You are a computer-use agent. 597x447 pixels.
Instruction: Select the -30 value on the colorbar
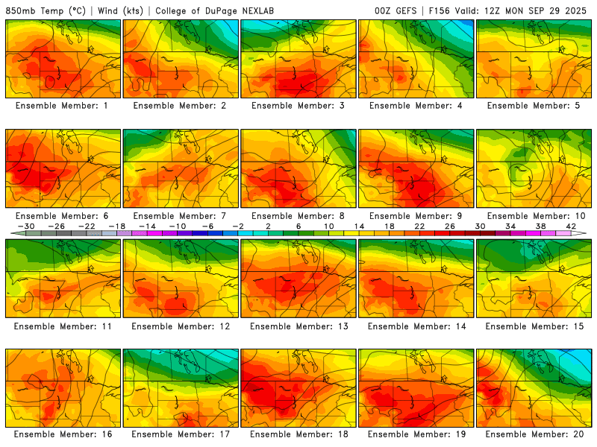(x=25, y=226)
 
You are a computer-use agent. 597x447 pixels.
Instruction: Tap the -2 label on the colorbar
(x=239, y=226)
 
